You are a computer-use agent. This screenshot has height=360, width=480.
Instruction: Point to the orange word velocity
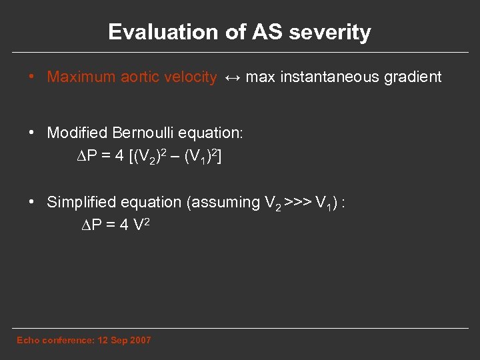tap(189, 77)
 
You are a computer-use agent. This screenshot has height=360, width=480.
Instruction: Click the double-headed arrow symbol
tap(231, 78)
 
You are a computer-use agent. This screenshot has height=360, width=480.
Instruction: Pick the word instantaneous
tap(330, 77)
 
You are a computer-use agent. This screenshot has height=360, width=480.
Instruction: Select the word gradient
tap(413, 77)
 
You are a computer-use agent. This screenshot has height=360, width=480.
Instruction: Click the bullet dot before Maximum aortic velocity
tap(32, 77)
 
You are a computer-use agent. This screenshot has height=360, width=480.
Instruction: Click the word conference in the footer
tap(67, 341)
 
